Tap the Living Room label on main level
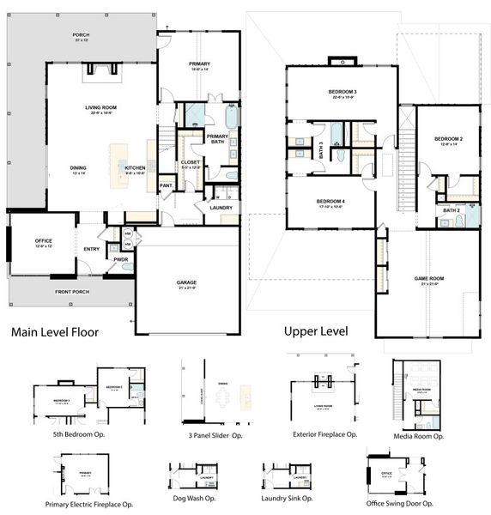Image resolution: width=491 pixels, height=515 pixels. [x=100, y=107]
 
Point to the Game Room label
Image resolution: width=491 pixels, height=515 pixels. [x=427, y=279]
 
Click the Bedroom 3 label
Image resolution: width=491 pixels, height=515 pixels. [x=342, y=91]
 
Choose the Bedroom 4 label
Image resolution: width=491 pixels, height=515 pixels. [x=330, y=201]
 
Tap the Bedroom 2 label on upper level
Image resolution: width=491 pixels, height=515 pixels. [x=448, y=138]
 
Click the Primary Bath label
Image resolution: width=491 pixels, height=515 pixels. [x=217, y=139]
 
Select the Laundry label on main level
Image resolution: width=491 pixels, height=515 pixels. [x=221, y=207]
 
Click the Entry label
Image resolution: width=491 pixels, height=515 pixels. [x=91, y=250]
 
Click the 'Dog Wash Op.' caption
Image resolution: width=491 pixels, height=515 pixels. [x=197, y=498]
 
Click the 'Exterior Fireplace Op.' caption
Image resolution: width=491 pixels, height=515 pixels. [x=324, y=434]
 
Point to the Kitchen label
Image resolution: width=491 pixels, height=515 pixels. [x=136, y=168]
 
